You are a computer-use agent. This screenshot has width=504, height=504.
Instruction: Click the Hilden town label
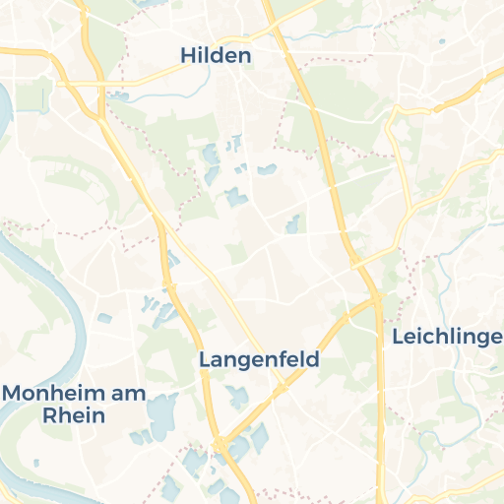tap(216, 56)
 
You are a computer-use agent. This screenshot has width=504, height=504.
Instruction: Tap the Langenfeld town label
tap(259, 359)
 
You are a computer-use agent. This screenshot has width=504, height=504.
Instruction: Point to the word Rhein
tap(74, 414)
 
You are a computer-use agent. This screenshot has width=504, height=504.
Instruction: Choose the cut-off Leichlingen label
tap(447, 338)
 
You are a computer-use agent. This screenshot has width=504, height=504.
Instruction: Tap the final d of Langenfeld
tap(313, 359)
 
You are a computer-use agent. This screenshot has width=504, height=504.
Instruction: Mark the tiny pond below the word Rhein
tap(36, 462)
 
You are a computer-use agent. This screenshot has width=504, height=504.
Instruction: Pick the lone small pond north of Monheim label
tap(104, 319)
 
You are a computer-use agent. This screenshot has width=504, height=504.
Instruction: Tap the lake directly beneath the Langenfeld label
tap(237, 397)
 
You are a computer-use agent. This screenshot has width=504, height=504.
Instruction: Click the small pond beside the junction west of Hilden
tap(120, 95)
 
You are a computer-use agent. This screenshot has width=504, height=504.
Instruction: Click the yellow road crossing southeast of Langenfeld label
tap(280, 390)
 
